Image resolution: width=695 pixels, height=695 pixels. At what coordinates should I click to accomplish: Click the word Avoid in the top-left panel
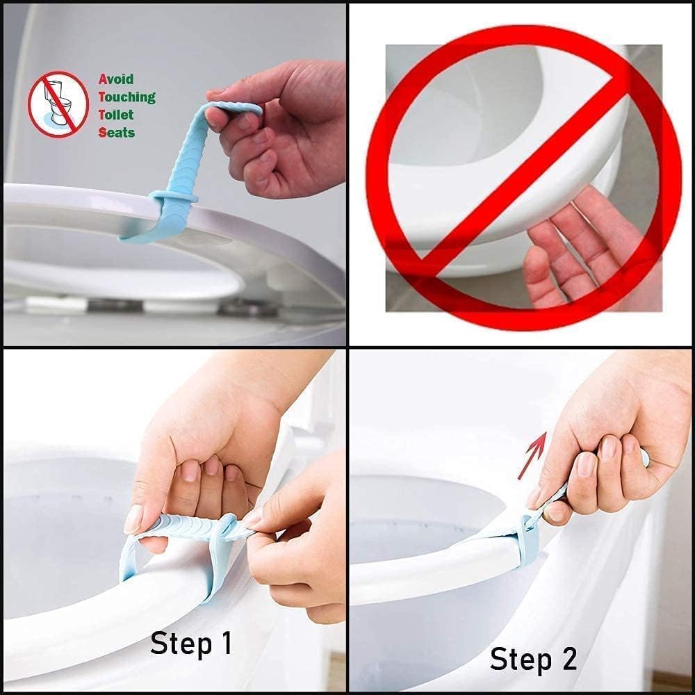coord(115,79)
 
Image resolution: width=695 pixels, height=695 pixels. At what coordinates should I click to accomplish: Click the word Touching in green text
coord(126,97)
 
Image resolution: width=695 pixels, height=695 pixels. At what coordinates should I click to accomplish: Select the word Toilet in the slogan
coord(115,115)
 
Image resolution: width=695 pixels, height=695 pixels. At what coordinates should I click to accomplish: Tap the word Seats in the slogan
coord(116,132)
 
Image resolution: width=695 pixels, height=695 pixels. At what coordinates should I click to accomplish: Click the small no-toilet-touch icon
coord(58,104)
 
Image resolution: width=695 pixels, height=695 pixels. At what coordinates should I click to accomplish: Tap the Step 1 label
coord(191,644)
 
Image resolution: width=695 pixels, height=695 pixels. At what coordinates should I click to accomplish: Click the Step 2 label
coord(533,658)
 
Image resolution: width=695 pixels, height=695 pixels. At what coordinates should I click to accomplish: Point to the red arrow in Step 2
coord(532,455)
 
